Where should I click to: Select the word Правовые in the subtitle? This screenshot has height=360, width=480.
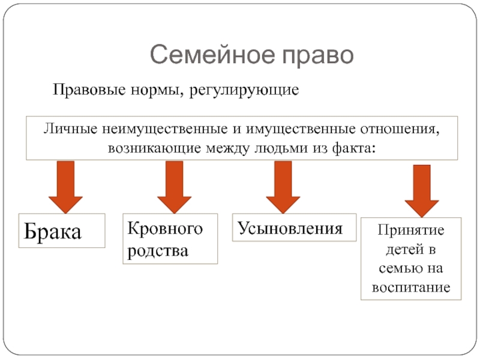pyautogui.click(x=89, y=90)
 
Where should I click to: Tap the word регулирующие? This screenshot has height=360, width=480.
pyautogui.click(x=244, y=91)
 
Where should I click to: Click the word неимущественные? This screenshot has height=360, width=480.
pyautogui.click(x=165, y=129)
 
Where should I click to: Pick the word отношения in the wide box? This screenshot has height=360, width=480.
pyautogui.click(x=400, y=130)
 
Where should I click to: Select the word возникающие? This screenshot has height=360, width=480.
pyautogui.click(x=155, y=148)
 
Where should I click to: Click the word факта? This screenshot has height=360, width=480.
pyautogui.click(x=353, y=148)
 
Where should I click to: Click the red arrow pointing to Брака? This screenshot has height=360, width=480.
pyautogui.click(x=65, y=187)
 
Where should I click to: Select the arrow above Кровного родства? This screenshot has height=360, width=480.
pyautogui.click(x=174, y=187)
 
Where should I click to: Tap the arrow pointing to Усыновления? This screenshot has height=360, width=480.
pyautogui.click(x=283, y=187)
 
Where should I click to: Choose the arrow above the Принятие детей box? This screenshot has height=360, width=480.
pyautogui.click(x=422, y=191)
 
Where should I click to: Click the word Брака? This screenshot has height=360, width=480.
pyautogui.click(x=53, y=231)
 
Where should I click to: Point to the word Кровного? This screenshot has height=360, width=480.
pyautogui.click(x=165, y=229)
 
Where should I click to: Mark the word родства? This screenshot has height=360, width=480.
pyautogui.click(x=158, y=251)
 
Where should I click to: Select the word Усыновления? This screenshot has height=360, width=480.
pyautogui.click(x=290, y=229)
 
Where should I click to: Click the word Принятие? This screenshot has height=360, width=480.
pyautogui.click(x=411, y=230)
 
